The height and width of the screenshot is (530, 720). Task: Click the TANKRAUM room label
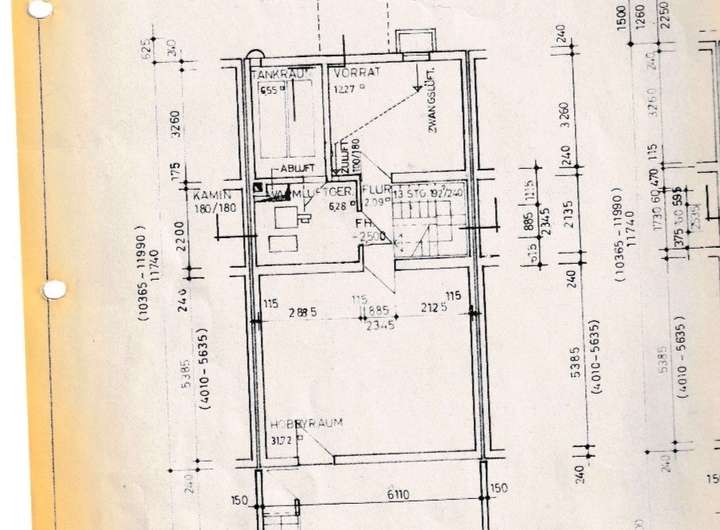pyautogui.click(x=278, y=74)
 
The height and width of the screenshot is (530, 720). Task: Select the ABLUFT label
pyautogui.click(x=295, y=168)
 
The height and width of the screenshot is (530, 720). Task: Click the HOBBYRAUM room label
pyautogui.click(x=307, y=423)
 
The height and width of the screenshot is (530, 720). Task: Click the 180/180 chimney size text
pyautogui.click(x=215, y=209)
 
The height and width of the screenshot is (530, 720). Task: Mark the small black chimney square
pyautogui.click(x=258, y=186)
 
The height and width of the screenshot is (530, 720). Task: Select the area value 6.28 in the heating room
pyautogui.click(x=338, y=207)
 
